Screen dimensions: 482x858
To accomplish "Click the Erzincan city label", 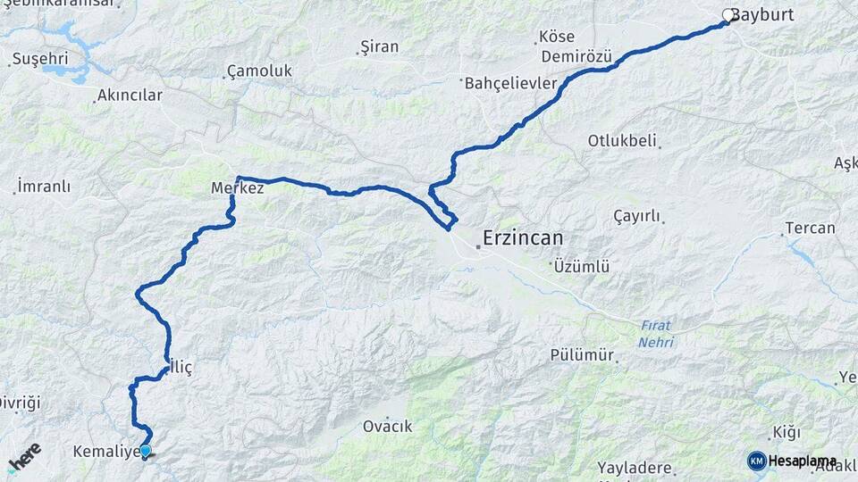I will (x=523, y=238).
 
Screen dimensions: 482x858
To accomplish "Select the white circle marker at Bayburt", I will (x=728, y=15).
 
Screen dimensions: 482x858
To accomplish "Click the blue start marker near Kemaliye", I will (x=145, y=452).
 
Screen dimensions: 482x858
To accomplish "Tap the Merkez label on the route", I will (x=236, y=188).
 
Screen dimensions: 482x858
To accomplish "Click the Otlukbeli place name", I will (x=622, y=140).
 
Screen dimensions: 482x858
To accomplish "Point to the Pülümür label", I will (x=583, y=355).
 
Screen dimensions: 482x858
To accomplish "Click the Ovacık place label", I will (x=387, y=426).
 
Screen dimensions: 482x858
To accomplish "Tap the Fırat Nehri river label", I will (x=656, y=334).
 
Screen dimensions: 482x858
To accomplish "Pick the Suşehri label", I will (x=36, y=61).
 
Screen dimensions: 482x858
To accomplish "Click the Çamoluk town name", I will (x=259, y=71).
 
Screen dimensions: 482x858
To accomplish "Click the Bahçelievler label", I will (x=511, y=83).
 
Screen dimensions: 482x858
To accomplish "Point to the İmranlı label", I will (x=43, y=187).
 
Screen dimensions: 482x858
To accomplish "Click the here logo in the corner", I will (x=23, y=457).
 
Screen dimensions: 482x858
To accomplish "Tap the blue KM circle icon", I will (x=756, y=461).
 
